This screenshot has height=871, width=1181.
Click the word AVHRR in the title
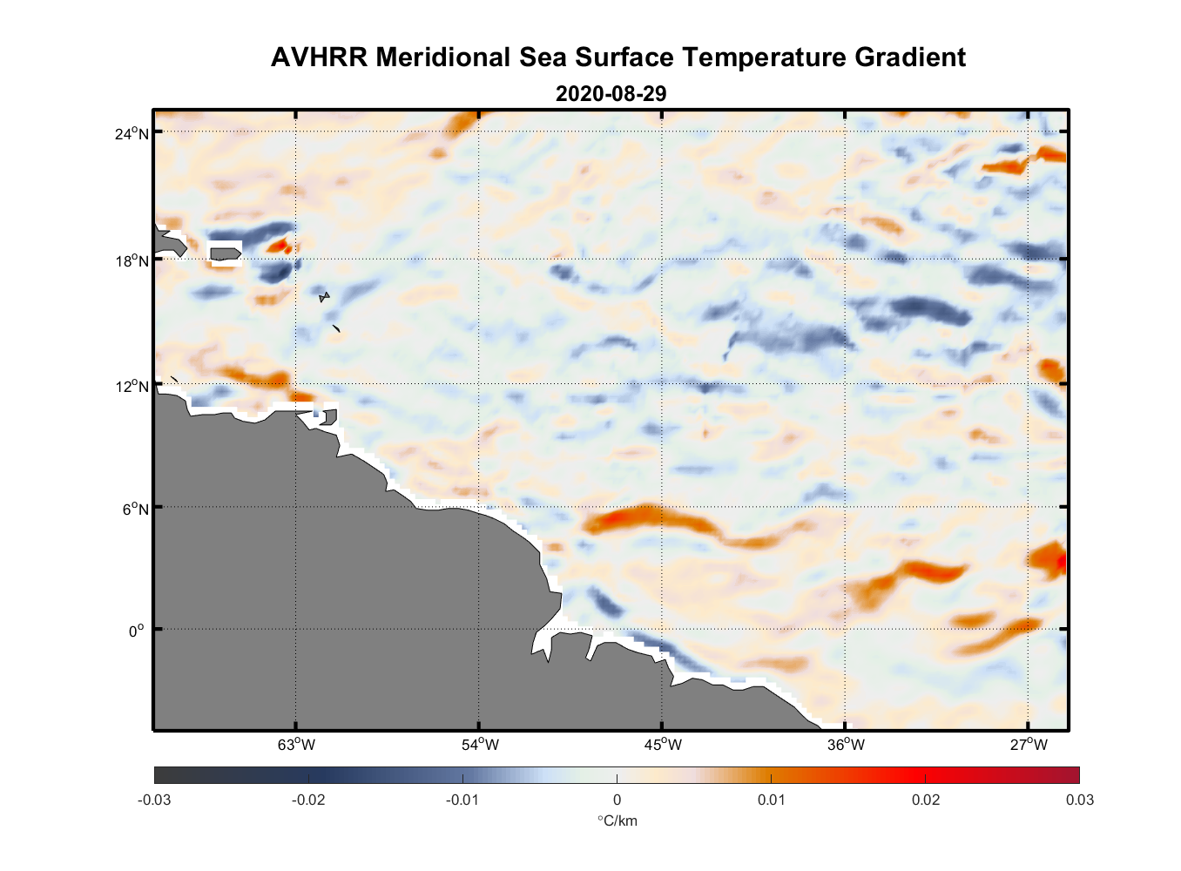click(x=319, y=57)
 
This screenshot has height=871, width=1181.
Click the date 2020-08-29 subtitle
click(x=611, y=94)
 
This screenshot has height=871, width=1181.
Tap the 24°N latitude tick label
click(x=132, y=133)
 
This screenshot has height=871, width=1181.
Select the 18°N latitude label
click(x=132, y=261)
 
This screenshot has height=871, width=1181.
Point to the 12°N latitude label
click(x=132, y=386)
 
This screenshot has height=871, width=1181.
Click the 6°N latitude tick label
click(x=135, y=509)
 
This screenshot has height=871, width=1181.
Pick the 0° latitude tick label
click(x=136, y=631)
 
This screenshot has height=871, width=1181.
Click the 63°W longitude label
click(x=296, y=745)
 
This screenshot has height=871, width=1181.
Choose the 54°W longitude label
click(x=480, y=745)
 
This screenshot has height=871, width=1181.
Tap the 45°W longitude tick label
click(x=663, y=745)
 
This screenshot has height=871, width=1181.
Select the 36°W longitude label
click(x=846, y=745)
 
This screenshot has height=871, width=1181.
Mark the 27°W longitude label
click(x=1029, y=745)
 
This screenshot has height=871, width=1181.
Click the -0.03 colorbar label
click(x=154, y=800)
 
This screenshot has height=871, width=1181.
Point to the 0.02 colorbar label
click(x=925, y=800)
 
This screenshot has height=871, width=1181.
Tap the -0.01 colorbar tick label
click(x=462, y=800)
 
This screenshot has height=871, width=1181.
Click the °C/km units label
click(x=617, y=820)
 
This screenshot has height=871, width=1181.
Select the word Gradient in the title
click(x=910, y=57)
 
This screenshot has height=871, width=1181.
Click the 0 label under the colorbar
click(x=617, y=800)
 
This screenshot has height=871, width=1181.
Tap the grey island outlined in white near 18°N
click(x=225, y=253)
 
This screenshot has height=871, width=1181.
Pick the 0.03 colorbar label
click(x=1079, y=800)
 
